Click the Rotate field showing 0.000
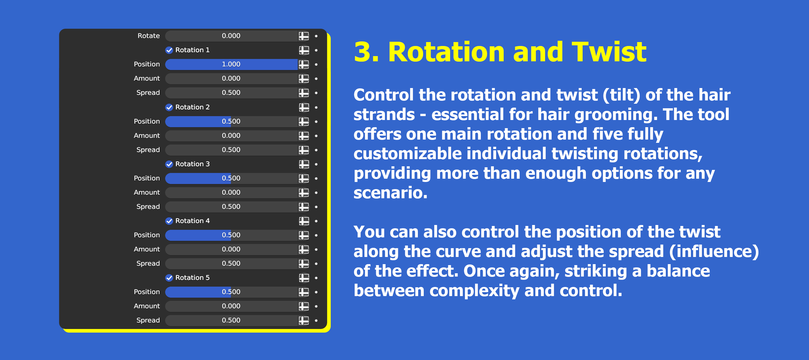pos(231,36)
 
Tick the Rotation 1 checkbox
pos(169,50)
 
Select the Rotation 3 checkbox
pos(169,164)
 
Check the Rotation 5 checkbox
pos(169,278)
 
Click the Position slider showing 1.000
pos(231,64)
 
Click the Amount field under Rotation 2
pos(231,136)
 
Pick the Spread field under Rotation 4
pos(231,263)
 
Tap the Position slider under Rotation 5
pos(231,292)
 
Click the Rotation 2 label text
pos(192,107)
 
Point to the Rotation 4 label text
pos(192,221)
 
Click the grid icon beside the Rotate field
pos(304,36)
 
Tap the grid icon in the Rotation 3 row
pos(304,164)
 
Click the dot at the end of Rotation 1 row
pos(316,50)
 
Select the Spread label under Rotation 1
pos(148,93)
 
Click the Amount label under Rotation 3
pos(146,192)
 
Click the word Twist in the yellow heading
pos(609,52)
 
